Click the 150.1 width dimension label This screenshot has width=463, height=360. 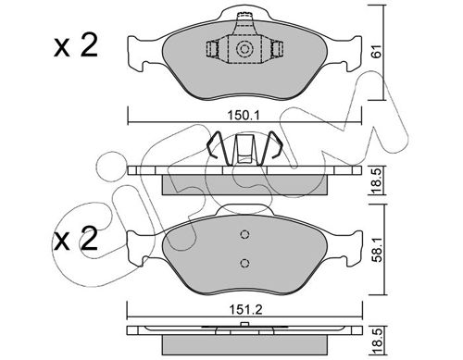click(244, 116)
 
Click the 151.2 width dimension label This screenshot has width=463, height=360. click(245, 309)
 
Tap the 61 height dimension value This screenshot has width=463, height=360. click(376, 51)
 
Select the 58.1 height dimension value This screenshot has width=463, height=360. click(377, 249)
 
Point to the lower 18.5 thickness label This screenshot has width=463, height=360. click(378, 341)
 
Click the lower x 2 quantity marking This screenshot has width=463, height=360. click(76, 239)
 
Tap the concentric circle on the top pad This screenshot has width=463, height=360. click(244, 49)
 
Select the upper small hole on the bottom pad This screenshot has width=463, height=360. click(244, 235)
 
